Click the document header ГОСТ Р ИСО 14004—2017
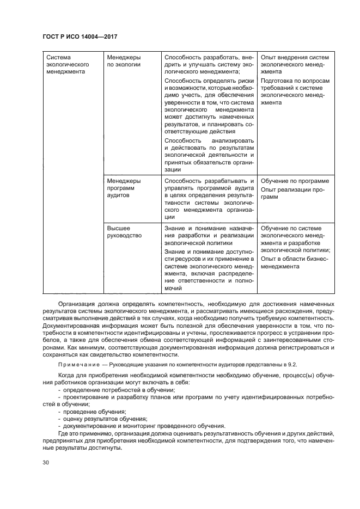point(80,36)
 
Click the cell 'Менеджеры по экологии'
point(124,60)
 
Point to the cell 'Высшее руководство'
point(124,232)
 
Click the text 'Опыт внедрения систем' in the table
point(295,57)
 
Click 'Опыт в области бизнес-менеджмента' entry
point(295,263)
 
